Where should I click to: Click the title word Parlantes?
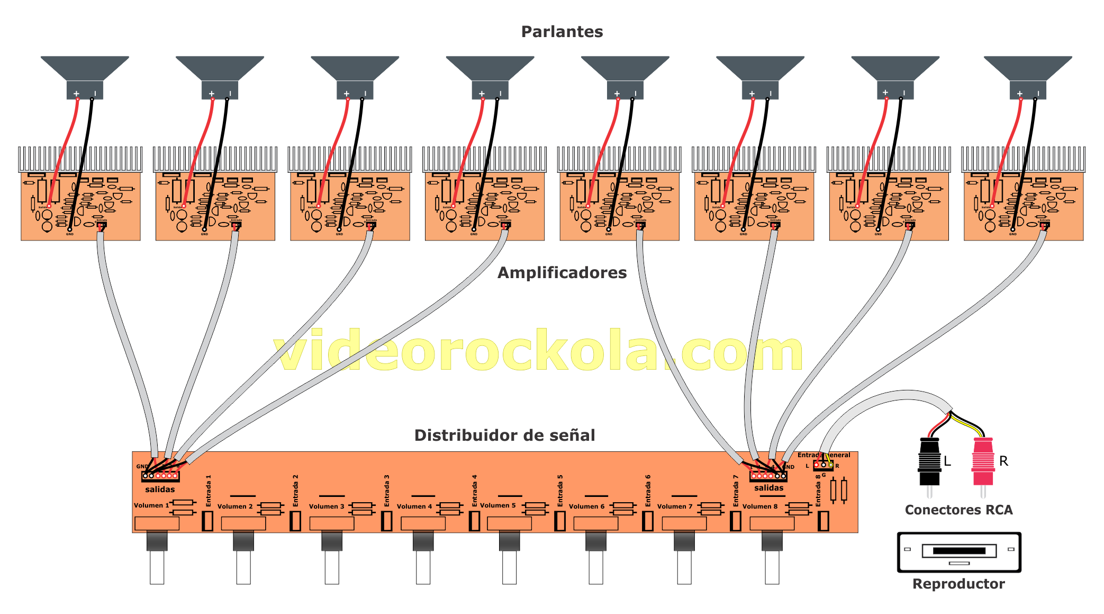pos(562,32)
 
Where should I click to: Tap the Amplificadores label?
pos(562,273)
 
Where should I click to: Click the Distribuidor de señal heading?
pos(504,435)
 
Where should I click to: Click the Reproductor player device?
pos(958,552)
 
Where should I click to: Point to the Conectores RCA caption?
pos(958,510)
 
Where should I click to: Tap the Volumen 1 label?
pos(151,505)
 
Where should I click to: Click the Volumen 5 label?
pos(497,505)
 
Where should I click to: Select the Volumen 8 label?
pos(760,506)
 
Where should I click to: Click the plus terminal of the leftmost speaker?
pos(77,94)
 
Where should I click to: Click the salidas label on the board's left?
pos(160,490)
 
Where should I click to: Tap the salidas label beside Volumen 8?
pos(768,488)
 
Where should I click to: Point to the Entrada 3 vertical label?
pos(387,491)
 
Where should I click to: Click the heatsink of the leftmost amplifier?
pos(80,158)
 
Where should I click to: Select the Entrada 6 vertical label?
pos(648,491)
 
